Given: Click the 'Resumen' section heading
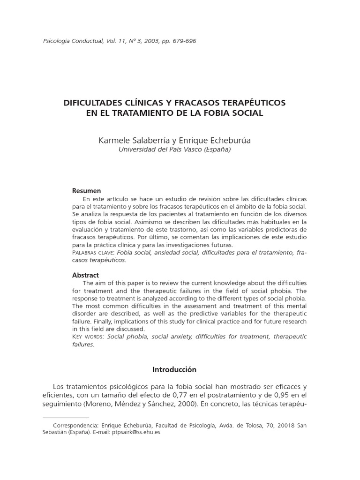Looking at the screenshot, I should pyautogui.click(x=86, y=191).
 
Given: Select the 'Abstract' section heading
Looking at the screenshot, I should pyautogui.click(x=85, y=275).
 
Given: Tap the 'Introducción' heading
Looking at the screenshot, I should pyautogui.click(x=174, y=369).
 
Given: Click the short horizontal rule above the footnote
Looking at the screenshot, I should pyautogui.click(x=66, y=417).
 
